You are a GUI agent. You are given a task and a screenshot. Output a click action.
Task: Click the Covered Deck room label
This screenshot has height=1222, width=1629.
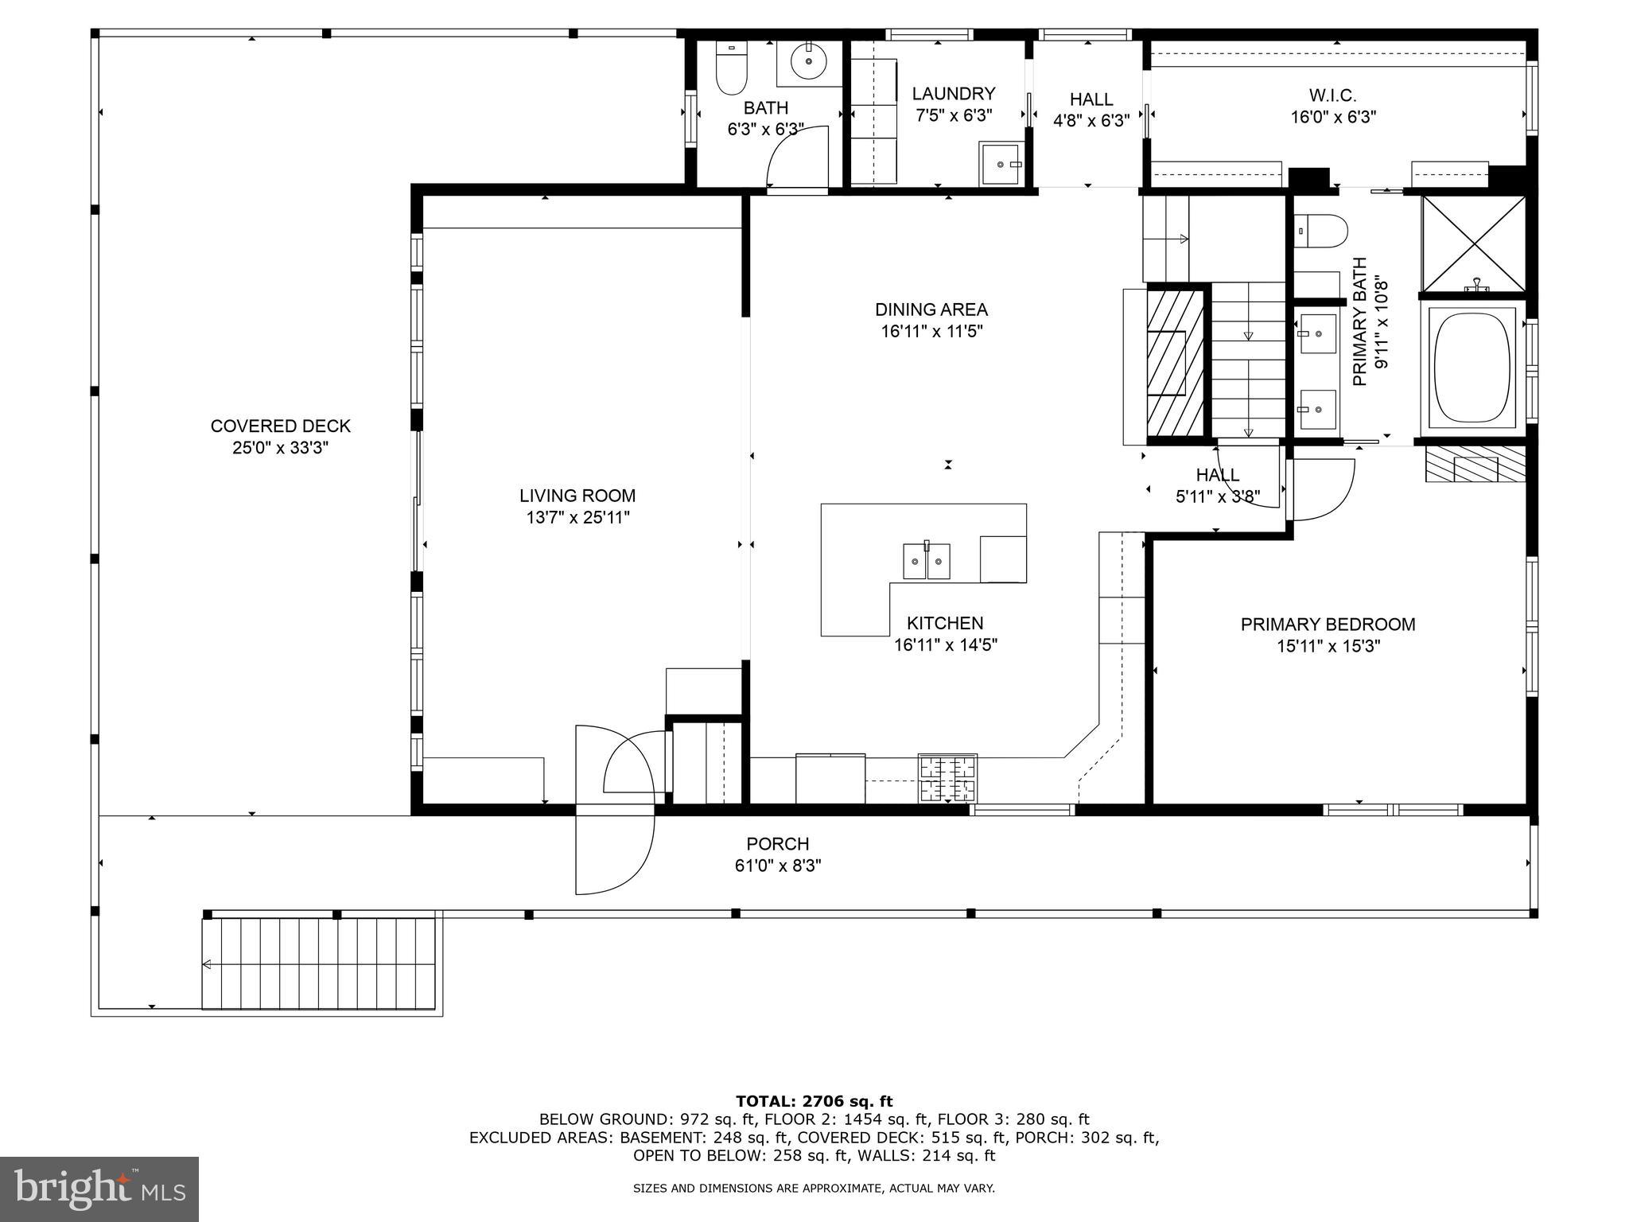point(280,426)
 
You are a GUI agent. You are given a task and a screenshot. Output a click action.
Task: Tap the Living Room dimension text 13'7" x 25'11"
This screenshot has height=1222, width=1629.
point(577,518)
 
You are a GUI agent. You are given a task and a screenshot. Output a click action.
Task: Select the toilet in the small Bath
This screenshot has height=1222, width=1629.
point(732,68)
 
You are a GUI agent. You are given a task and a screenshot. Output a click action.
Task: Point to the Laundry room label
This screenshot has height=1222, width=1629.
point(953,94)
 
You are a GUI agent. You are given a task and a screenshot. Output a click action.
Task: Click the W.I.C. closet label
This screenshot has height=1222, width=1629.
point(1332,95)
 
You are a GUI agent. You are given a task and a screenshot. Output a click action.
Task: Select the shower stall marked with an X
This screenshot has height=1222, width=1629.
point(1474,243)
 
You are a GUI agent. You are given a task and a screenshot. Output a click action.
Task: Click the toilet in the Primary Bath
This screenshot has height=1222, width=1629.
point(1320,231)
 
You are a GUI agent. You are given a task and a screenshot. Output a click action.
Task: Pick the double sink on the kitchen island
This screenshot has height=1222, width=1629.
point(927,561)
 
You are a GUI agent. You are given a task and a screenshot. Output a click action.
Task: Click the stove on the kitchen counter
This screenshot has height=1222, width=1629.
point(947,778)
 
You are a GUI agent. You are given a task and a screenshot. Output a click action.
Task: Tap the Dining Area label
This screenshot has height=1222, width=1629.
point(931,309)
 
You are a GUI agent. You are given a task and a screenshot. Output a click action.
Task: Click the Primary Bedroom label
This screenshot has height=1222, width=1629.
point(1328,625)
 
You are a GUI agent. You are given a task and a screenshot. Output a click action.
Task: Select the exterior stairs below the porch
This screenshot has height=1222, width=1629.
point(320,963)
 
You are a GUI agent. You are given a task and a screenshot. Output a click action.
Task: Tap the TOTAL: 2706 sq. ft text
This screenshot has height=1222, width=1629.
point(814,1101)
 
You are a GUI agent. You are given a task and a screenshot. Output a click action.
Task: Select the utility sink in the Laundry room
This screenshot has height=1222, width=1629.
point(1000,164)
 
